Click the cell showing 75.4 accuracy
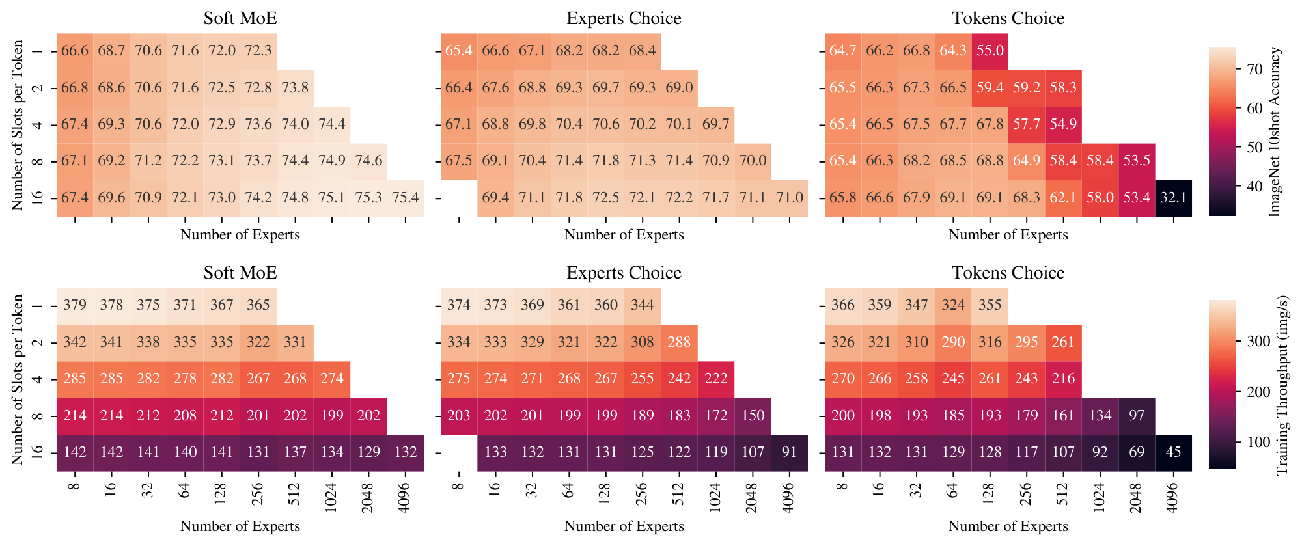coord(406,198)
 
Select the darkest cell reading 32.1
coord(1174,198)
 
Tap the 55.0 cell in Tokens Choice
coord(990,51)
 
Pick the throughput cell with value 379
coord(75,305)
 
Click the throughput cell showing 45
coord(1174,452)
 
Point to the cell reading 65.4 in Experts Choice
coord(459,51)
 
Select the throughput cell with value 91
coord(789,452)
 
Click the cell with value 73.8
coord(295,88)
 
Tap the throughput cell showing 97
coord(1137,415)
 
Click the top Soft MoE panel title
coord(240,18)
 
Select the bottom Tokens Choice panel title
coord(1008,273)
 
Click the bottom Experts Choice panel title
coord(624,273)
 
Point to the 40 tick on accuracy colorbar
coord(1235,186)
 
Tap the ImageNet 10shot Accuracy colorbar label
coord(1275,131)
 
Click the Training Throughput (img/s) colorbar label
coord(1282,385)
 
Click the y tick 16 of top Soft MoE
coord(38,198)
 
